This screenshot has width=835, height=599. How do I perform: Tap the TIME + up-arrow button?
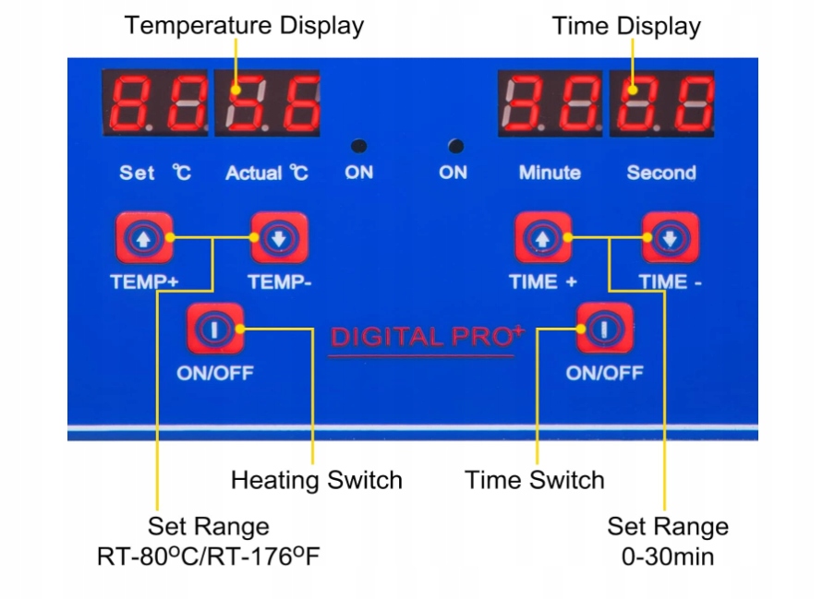542,239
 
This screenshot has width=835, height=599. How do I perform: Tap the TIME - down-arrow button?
670,239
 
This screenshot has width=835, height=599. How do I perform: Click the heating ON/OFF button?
215,329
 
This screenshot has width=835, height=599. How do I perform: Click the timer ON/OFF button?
604,328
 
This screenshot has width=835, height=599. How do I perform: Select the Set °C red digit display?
155,102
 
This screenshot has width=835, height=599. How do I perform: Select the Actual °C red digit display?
268,102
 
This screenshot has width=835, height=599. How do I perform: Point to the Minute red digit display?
550,102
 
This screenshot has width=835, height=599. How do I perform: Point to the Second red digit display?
661,102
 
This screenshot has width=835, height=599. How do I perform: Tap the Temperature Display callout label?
244,26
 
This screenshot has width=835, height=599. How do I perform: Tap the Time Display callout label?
626,26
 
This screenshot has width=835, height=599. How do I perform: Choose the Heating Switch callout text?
316,480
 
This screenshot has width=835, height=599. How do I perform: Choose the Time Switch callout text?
534,480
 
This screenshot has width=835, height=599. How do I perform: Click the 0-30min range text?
667,557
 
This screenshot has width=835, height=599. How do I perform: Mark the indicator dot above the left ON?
358,146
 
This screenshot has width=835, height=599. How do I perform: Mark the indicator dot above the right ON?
454,146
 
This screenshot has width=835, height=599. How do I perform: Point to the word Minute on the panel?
550,173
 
